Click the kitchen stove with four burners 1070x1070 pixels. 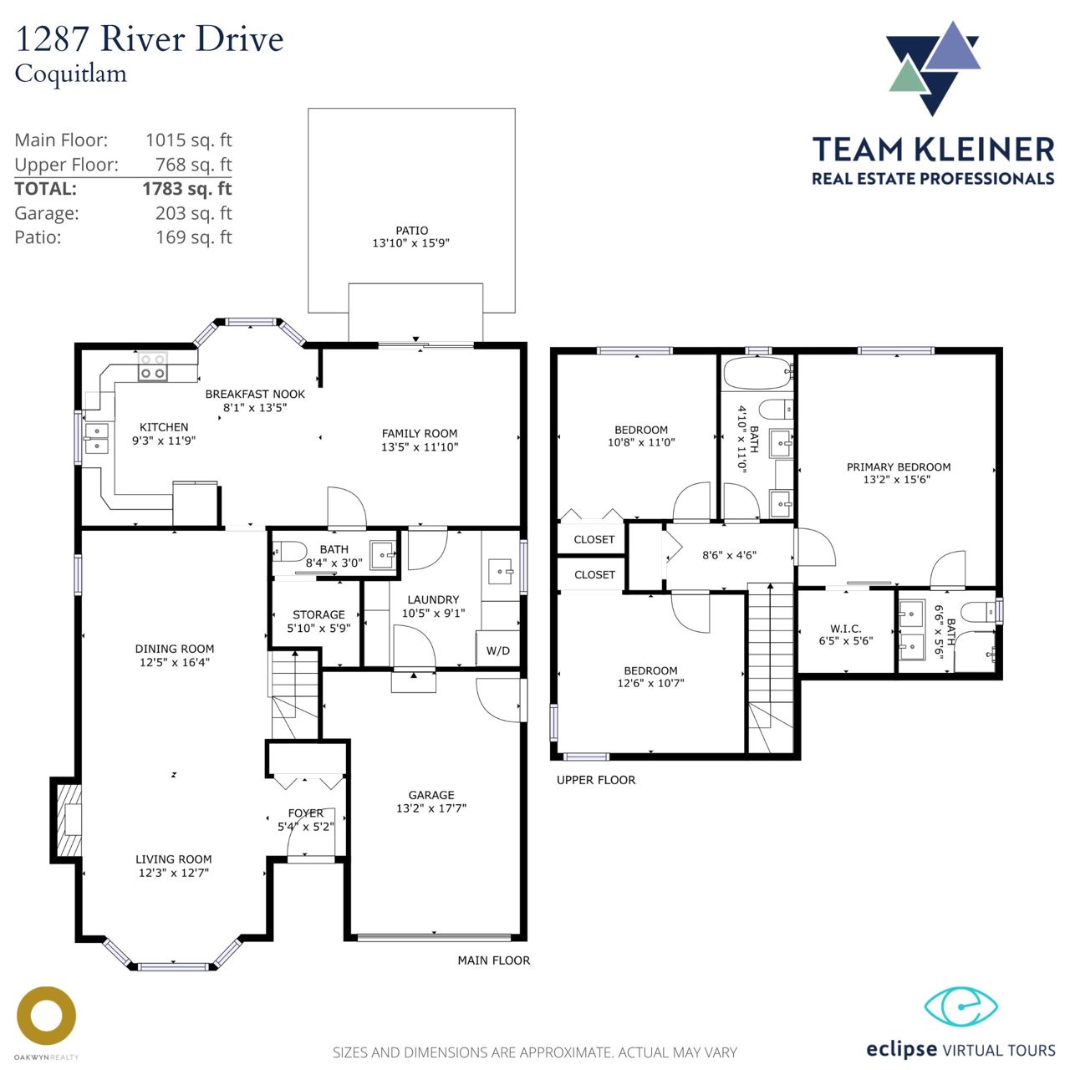153,367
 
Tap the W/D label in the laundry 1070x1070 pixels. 497,650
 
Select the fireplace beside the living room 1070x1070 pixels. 67,820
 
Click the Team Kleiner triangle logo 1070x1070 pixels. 933,68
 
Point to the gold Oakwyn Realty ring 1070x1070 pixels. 46,1016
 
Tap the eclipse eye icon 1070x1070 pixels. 961,1006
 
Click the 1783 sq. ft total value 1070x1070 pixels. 187,189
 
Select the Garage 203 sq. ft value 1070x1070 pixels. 194,213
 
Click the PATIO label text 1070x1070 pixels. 411,231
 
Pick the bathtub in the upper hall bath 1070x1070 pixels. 757,373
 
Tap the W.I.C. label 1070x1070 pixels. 846,629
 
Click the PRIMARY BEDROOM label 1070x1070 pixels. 899,467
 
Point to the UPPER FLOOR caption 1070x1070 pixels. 596,780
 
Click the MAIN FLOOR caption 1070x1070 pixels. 494,960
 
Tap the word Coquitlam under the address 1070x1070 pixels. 70,74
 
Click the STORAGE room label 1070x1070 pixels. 318,614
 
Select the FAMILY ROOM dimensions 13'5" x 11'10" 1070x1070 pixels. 420,447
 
